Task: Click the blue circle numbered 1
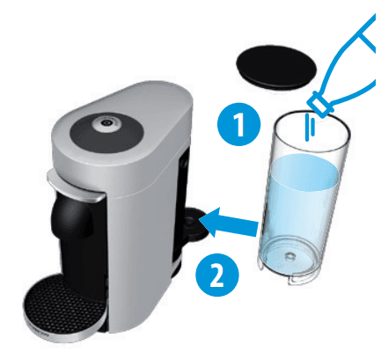tap(238, 124)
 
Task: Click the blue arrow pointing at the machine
tap(230, 223)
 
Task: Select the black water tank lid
tap(276, 67)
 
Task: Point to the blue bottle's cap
tap(319, 104)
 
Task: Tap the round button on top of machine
tap(106, 124)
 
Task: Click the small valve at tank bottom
tap(290, 255)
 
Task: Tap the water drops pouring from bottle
tap(310, 128)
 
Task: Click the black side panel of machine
tap(181, 205)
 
